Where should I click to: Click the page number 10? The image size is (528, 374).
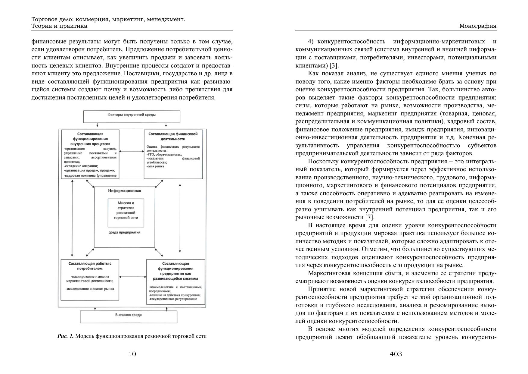(132, 354)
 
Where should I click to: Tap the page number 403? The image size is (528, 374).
(396, 354)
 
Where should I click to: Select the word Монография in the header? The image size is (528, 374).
(478, 26)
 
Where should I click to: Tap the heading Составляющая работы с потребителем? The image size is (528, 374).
(90, 266)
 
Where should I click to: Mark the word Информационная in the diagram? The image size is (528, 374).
(125, 190)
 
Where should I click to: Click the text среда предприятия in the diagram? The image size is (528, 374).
(125, 232)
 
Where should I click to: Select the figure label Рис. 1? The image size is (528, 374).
(65, 336)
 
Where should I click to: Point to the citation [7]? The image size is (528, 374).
(369, 217)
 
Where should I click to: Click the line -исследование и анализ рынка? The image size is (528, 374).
(90, 288)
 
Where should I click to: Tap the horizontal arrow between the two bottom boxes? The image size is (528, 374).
(133, 277)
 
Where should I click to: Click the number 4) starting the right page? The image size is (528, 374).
(311, 41)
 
